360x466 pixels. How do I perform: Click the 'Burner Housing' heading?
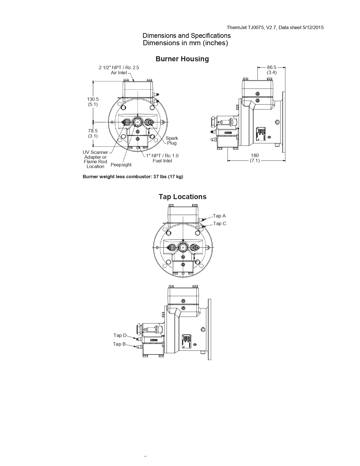(182, 59)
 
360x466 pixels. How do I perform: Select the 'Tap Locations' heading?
(182, 197)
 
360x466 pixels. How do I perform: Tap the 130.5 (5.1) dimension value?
(93, 102)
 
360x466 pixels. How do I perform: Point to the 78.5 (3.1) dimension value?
(93, 133)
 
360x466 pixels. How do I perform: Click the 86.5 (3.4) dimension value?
(272, 70)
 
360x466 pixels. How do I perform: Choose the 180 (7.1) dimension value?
(255, 158)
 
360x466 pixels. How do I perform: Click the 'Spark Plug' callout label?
(172, 140)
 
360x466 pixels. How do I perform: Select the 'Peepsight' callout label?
(121, 165)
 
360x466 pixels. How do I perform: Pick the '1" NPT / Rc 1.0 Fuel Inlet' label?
(162, 158)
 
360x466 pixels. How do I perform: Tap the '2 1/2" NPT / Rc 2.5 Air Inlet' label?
(119, 70)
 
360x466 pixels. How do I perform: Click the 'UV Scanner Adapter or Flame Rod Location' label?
(95, 159)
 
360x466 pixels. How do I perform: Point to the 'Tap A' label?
(219, 216)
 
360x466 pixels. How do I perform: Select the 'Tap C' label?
(220, 223)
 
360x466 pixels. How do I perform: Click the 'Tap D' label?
(120, 335)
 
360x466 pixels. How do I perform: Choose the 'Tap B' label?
(119, 344)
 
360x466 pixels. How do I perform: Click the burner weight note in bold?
(133, 177)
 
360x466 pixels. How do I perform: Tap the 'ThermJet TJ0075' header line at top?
(275, 27)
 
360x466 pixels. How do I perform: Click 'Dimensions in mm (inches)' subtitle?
(185, 43)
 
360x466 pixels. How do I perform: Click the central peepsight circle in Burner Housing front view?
(138, 122)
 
